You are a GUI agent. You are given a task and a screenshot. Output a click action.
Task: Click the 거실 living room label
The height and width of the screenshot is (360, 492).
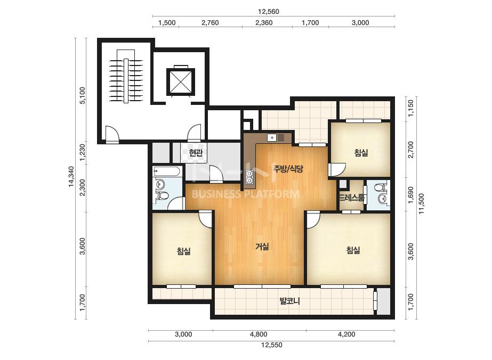pos(262,247)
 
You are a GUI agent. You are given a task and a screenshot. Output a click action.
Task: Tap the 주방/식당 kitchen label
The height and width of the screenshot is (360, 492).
pos(288,169)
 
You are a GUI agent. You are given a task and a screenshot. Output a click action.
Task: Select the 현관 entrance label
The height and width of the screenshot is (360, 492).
pos(196,153)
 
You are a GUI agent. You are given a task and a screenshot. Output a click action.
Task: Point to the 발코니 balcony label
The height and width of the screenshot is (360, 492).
pos(290,301)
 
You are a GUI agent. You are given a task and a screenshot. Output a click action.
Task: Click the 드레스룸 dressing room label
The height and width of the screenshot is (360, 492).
pos(352,198)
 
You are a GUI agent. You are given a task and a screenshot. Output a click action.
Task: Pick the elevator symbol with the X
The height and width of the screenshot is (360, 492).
pos(180,81)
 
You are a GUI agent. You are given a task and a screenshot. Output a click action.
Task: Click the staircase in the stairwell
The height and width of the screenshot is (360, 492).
pos(126,76)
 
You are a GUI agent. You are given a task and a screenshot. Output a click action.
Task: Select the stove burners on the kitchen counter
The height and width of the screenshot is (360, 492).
pos(250,177)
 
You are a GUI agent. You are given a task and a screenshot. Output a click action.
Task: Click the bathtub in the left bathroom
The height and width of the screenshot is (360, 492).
pos(167,171)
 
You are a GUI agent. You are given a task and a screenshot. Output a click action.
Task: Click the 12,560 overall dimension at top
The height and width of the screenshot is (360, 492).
pos(268,12)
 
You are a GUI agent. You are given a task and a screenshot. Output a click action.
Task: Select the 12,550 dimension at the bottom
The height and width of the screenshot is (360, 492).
pos(272,345)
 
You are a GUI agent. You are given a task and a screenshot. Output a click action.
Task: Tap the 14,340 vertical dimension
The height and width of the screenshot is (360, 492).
pos(71,177)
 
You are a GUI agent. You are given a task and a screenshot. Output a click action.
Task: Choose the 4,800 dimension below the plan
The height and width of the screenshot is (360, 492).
pos(259,334)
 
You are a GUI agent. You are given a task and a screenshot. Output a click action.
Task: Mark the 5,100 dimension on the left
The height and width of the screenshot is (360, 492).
pos(82,95)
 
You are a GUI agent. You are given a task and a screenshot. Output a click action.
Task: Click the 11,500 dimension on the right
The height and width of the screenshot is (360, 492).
pos(421,204)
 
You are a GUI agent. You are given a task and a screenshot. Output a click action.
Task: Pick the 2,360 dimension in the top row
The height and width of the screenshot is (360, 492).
pos(264,22)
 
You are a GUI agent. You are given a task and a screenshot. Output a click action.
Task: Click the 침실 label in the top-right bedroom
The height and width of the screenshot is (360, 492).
pos(361,153)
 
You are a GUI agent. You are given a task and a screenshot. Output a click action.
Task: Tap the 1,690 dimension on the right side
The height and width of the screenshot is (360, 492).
pos(411,195)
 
